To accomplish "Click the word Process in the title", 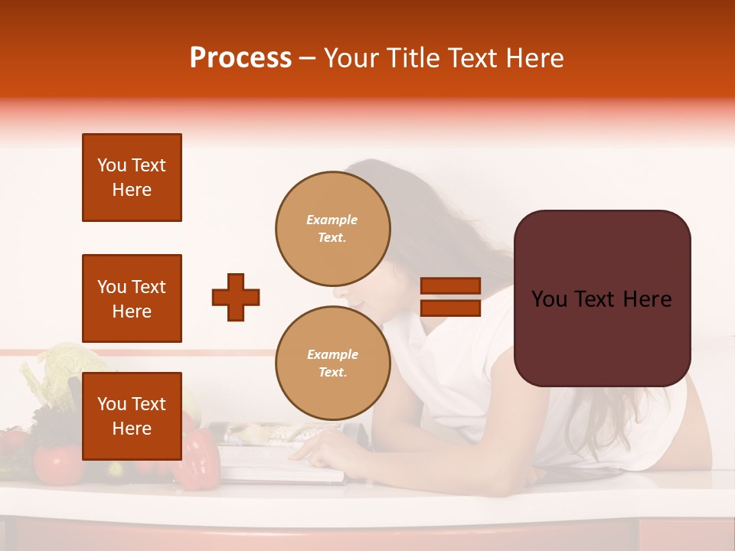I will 240,58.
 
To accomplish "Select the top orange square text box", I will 132,178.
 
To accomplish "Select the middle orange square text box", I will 132,298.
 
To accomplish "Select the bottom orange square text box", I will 132,416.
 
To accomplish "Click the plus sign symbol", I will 236,297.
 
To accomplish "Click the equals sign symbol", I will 451,297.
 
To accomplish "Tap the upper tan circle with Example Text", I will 332,229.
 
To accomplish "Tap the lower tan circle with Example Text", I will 332,364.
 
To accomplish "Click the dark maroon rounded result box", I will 602,298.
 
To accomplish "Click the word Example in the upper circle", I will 332,220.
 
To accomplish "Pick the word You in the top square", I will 112,165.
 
